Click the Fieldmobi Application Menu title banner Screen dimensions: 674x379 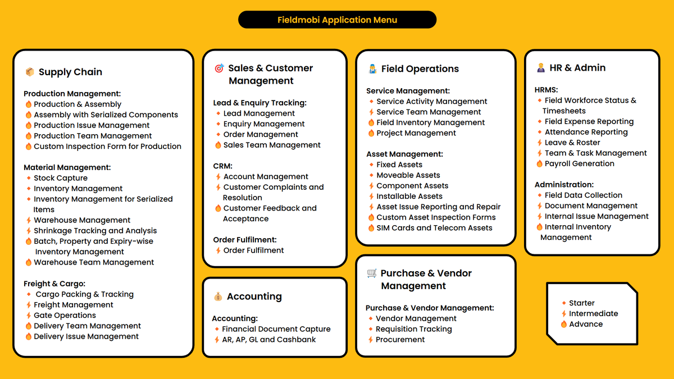(337, 20)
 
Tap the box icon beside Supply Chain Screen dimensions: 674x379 (30, 72)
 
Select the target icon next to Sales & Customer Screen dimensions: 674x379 (219, 69)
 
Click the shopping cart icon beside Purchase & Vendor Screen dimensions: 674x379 (372, 273)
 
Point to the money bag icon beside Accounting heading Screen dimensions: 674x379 (218, 296)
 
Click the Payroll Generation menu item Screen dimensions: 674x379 (579, 163)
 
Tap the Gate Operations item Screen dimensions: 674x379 (65, 315)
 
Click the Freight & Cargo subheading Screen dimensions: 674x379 (54, 284)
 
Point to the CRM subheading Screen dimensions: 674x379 (222, 166)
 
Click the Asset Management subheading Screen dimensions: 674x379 (404, 154)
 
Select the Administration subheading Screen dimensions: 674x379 (564, 185)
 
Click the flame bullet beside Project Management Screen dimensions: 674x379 (371, 133)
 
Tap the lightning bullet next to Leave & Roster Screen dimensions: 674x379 (540, 143)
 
